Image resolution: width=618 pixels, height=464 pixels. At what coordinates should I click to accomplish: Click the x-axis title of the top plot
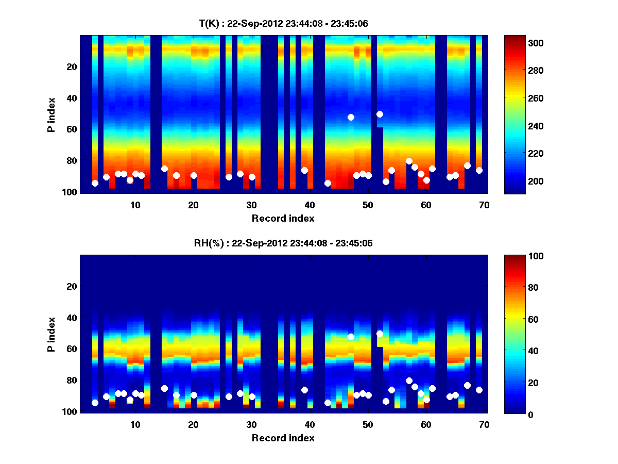pyautogui.click(x=283, y=218)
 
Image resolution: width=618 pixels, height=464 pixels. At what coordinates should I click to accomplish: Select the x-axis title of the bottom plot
pyautogui.click(x=283, y=438)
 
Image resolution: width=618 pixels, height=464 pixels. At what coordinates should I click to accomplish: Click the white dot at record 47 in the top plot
pyautogui.click(x=351, y=117)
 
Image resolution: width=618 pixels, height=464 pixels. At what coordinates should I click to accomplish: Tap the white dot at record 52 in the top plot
pyautogui.click(x=380, y=114)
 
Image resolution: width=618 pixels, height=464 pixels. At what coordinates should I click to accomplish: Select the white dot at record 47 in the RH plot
pyautogui.click(x=351, y=337)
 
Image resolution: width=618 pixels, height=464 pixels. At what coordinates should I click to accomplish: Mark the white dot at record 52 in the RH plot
pyautogui.click(x=380, y=334)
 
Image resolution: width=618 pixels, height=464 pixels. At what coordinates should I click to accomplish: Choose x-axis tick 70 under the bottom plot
pyautogui.click(x=484, y=424)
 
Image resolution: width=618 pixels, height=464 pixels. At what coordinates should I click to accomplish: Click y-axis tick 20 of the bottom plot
pyautogui.click(x=72, y=286)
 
